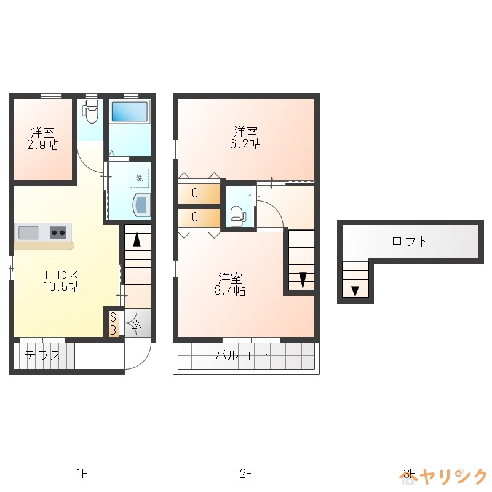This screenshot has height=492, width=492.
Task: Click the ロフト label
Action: pos(410,241)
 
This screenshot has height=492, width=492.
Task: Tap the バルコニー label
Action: pos(245,356)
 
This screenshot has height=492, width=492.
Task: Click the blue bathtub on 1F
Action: pos(129,111)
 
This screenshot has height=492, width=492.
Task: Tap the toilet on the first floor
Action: pos(90,113)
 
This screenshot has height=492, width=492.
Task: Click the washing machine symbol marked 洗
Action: pos(139,178)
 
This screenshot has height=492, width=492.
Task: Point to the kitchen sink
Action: pos(28,232)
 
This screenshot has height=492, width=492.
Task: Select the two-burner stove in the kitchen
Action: pos(58,232)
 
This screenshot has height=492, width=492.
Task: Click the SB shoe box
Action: pos(113,323)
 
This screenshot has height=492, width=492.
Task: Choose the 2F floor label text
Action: pos(245,474)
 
